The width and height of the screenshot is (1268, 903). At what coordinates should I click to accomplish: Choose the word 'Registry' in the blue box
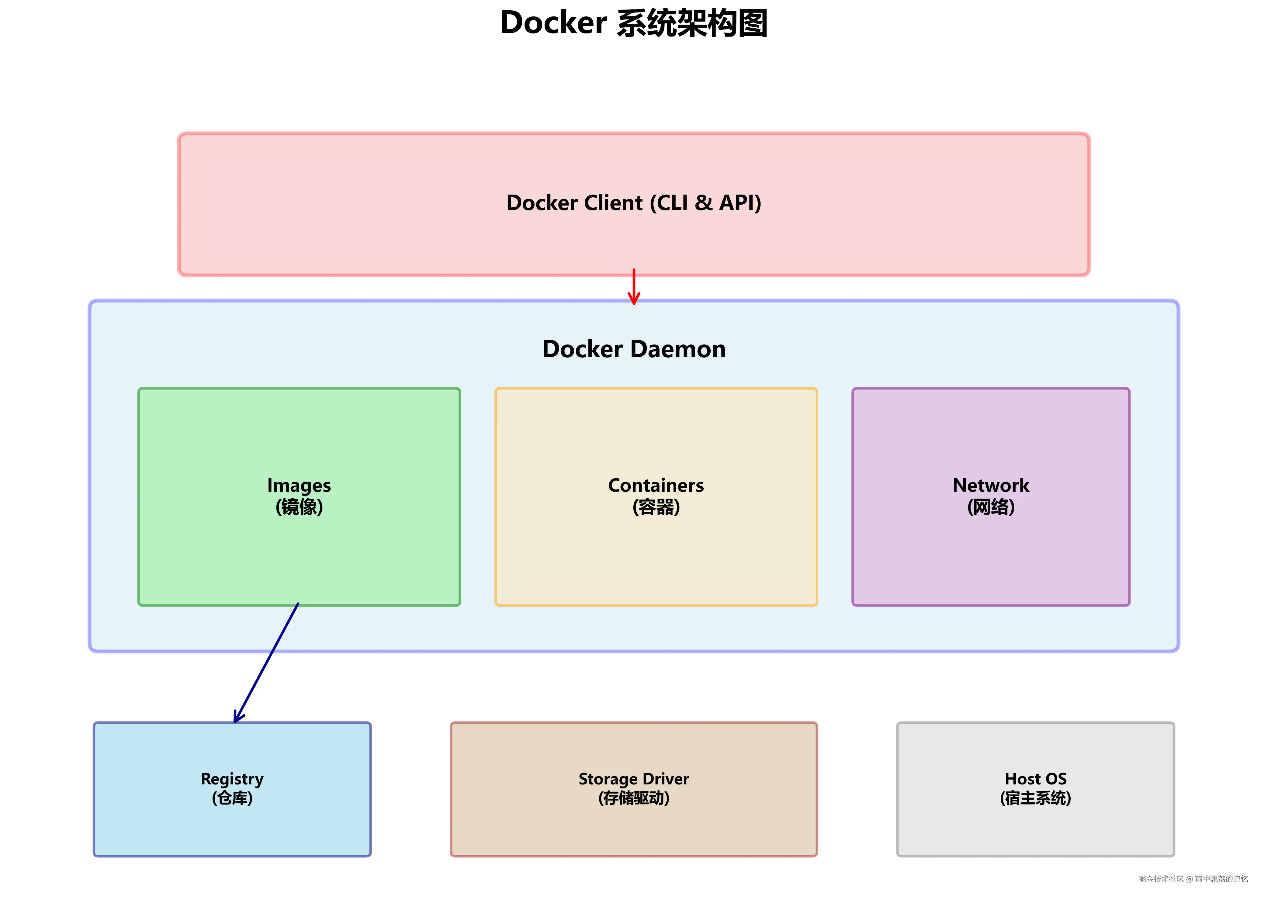tap(232, 779)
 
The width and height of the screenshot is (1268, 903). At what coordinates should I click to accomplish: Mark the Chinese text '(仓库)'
tap(232, 798)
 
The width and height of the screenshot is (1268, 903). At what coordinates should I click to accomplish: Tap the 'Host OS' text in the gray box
tap(1036, 779)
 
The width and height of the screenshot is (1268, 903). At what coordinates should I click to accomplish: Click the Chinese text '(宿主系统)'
tap(1036, 798)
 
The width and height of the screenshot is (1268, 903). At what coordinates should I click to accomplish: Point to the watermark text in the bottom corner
tap(1193, 879)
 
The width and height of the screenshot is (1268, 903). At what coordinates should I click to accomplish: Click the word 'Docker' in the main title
tap(553, 23)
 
